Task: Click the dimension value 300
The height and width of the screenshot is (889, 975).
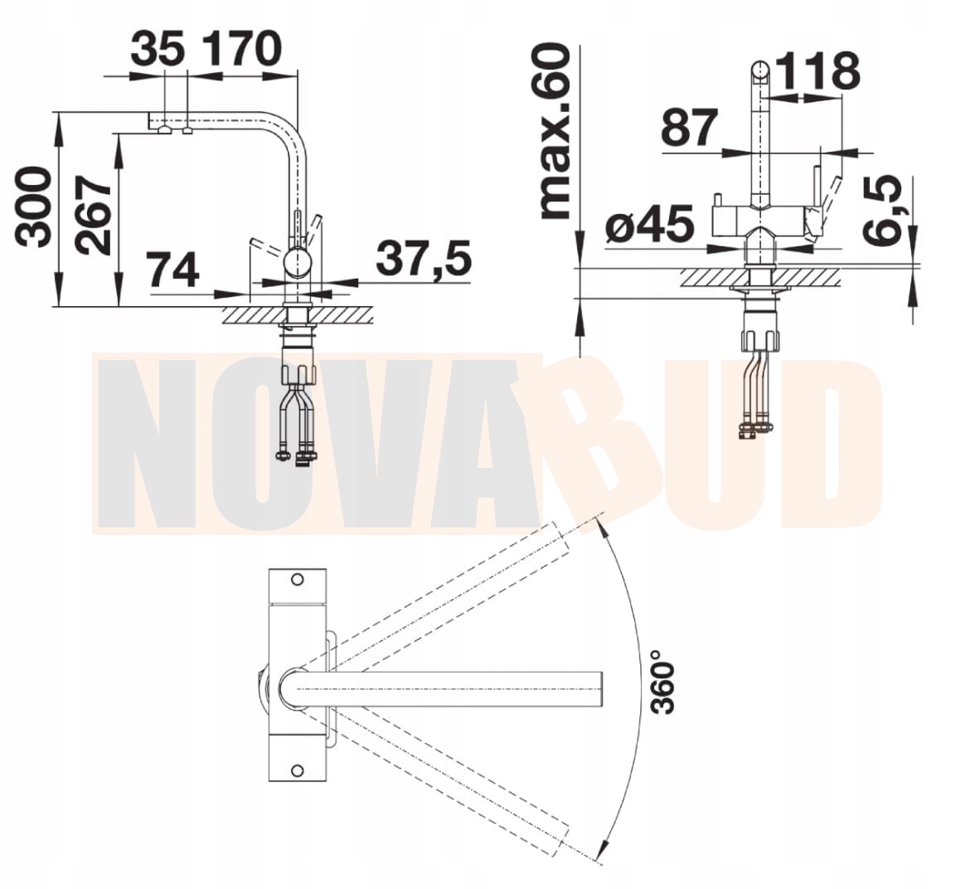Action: point(33,207)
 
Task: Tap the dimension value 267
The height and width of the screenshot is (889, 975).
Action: point(92,216)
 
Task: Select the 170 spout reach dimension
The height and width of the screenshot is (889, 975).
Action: point(243,49)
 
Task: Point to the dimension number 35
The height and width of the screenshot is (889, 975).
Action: point(158,49)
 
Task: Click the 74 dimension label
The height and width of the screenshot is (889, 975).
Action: point(172,270)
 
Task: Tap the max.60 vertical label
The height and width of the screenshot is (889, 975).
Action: point(555,131)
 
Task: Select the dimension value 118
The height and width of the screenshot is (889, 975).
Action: point(818,71)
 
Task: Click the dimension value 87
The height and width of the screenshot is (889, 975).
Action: point(690,127)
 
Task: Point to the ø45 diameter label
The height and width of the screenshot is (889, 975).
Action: point(649,223)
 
